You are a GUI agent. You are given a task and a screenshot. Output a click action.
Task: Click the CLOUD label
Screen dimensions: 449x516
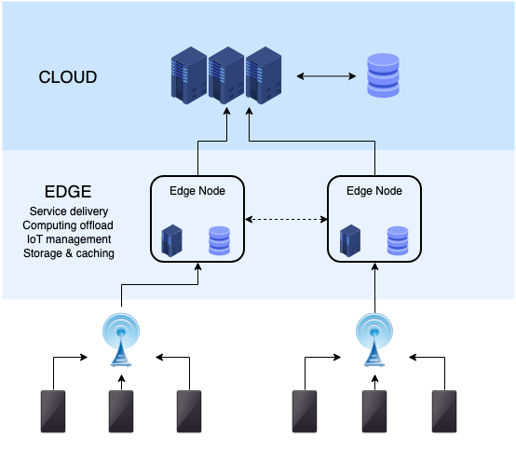67,77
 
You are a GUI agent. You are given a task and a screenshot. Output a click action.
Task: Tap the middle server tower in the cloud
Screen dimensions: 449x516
227,75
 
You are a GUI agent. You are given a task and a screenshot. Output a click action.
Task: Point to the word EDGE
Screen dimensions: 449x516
68,192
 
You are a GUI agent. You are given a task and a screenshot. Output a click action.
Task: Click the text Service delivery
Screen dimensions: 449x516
68,211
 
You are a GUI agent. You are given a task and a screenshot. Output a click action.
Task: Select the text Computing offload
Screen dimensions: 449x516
68,225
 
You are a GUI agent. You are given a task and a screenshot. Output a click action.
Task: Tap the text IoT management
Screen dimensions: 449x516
68,239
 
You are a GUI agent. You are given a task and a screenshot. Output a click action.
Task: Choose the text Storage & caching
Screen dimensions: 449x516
68,253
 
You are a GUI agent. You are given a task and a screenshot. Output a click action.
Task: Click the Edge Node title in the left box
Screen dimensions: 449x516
197,191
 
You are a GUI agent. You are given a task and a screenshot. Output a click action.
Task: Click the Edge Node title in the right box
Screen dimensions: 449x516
373,191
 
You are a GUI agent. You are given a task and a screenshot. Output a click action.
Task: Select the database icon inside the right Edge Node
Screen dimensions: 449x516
397,240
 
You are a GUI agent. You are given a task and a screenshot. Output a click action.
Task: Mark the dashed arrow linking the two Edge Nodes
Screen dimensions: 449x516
286,220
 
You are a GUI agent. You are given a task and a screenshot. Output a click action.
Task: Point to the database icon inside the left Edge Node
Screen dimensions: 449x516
219,240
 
